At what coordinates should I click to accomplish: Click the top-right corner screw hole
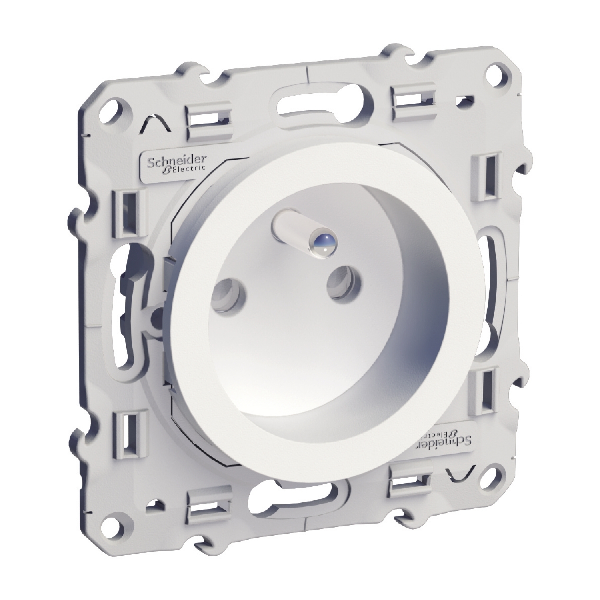[x=496, y=74]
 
